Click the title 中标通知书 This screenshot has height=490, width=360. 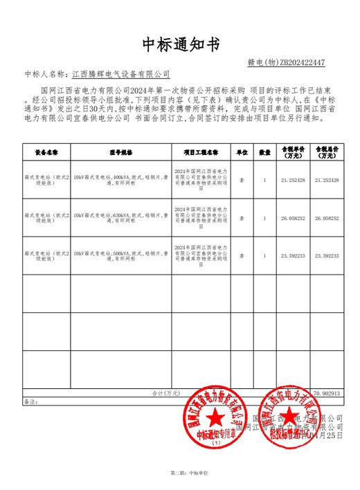180,44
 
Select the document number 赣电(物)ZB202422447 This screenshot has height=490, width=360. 285,62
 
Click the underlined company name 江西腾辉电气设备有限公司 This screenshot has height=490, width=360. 121,74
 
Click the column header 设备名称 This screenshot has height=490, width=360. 46,151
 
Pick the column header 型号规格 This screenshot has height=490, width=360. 120,151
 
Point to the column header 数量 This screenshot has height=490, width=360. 264,151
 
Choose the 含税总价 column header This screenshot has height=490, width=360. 326,151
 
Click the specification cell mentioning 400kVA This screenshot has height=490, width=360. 120,179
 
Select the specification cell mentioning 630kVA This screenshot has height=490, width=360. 120,218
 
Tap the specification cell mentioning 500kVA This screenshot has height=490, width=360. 120,255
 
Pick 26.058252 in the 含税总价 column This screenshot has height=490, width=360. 326,218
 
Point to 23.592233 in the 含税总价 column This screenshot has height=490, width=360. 326,255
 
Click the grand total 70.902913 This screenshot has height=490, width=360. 326,393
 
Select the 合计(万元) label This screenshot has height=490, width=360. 166,393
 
